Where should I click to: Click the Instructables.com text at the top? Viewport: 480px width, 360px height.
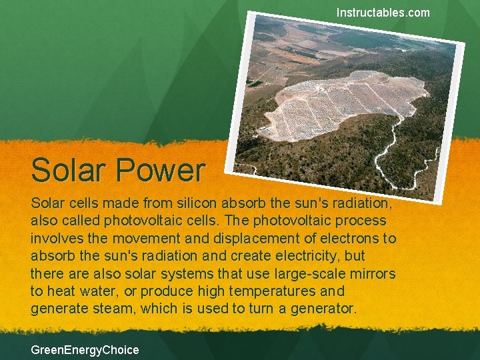[x=383, y=13]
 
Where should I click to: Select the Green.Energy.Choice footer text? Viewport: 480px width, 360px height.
[x=85, y=349]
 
